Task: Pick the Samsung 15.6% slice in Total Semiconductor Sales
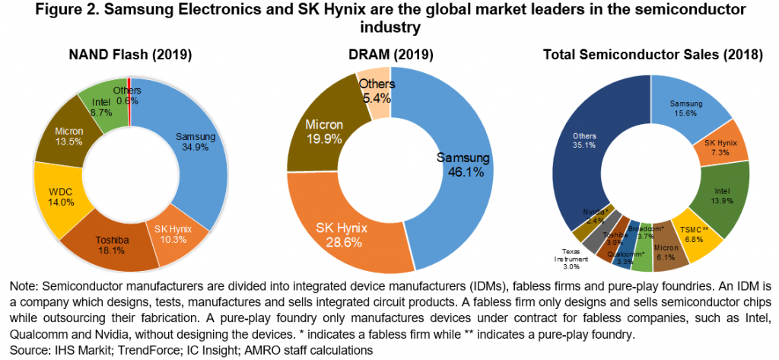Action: pyautogui.click(x=687, y=107)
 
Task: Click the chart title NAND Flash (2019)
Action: pyautogui.click(x=130, y=54)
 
